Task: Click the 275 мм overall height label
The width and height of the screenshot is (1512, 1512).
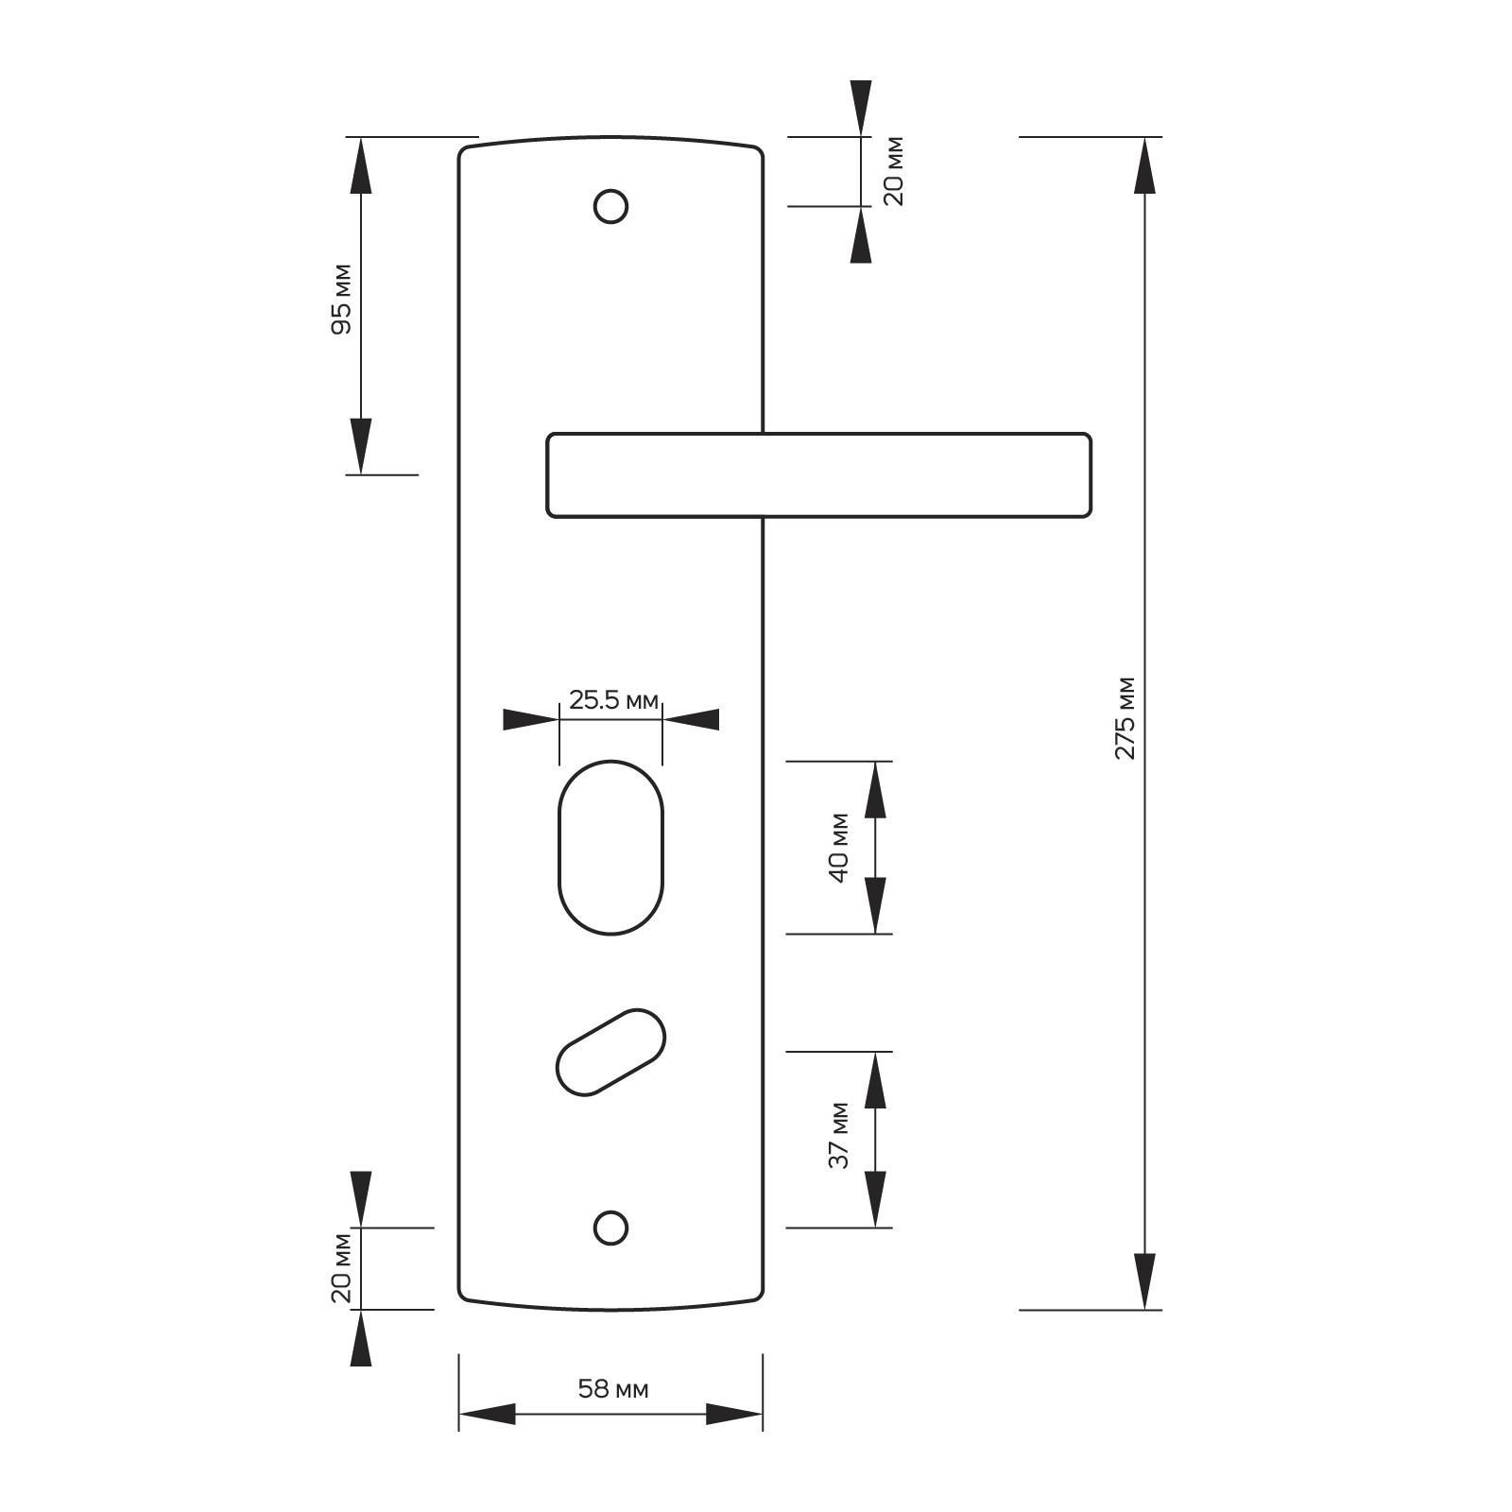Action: click(x=1125, y=717)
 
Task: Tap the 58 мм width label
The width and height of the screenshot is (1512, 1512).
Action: click(x=613, y=1389)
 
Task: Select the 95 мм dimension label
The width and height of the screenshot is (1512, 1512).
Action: click(x=341, y=299)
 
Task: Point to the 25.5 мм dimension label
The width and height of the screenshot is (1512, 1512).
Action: click(x=613, y=700)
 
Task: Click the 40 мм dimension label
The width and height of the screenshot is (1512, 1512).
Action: click(x=839, y=847)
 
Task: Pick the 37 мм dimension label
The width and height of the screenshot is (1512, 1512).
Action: click(x=839, y=1135)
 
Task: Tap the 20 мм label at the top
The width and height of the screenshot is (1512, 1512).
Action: click(x=893, y=171)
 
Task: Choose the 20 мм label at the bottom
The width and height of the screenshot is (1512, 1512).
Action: click(x=341, y=1268)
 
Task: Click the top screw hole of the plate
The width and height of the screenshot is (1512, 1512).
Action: click(x=611, y=206)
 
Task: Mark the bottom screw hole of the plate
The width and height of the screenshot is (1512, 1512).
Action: click(x=611, y=1228)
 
